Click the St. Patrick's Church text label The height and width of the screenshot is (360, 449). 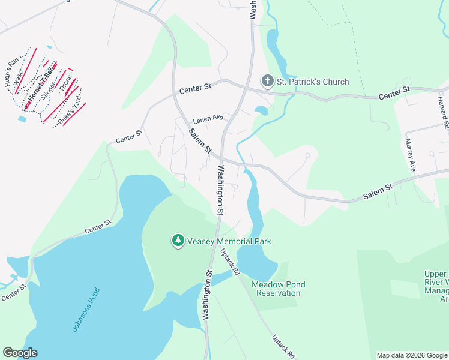pos(312,82)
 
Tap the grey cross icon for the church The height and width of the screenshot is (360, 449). pos(267,81)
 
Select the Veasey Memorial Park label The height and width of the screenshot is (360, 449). pos(229,241)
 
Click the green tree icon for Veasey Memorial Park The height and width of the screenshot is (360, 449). pos(178,241)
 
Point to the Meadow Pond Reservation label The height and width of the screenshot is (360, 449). pos(278,289)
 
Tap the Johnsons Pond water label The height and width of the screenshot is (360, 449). pos(86,310)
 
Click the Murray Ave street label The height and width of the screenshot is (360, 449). pos(410,155)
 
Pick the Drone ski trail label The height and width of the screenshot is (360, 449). pos(65,86)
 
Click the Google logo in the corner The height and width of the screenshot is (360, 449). pos(20,353)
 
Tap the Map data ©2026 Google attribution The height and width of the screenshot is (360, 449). pos(412,355)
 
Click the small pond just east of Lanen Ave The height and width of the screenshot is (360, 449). pos(261,110)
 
